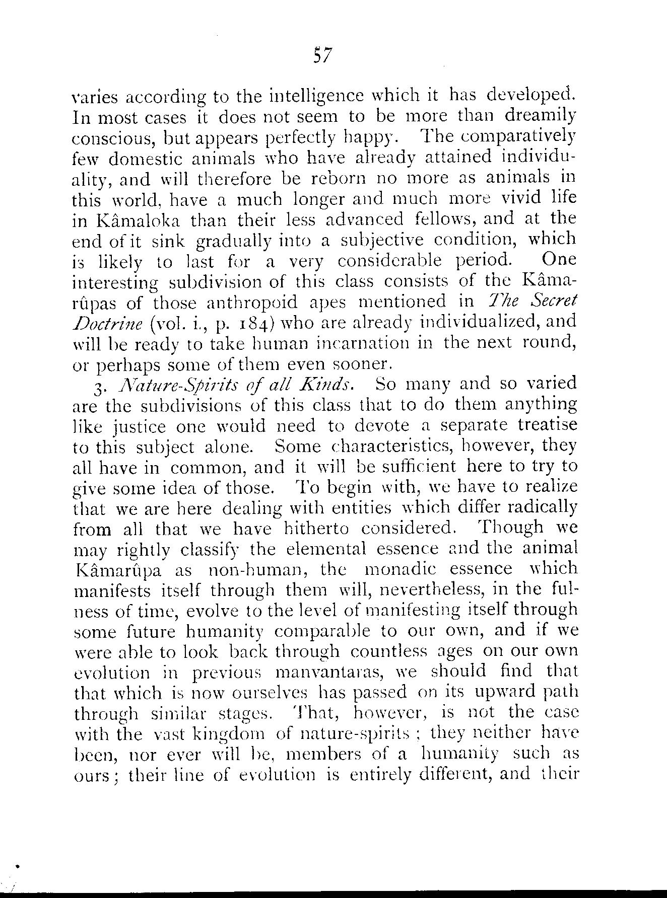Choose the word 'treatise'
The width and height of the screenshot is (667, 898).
548,426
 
